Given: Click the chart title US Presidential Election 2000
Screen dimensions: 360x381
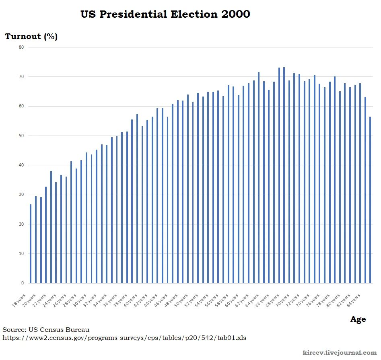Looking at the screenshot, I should [165, 14].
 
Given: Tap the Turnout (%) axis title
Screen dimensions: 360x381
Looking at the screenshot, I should [31, 37].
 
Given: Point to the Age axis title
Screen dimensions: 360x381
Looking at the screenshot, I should [358, 319].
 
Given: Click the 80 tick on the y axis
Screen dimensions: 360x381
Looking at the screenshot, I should [21, 47].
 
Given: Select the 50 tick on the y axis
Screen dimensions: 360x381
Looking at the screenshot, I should [21, 136].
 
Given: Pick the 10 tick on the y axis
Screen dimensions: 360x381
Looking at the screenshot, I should [21, 253].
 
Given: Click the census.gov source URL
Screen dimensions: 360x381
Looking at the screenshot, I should [124, 338].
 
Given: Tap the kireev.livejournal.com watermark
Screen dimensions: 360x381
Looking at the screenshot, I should [340, 353].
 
